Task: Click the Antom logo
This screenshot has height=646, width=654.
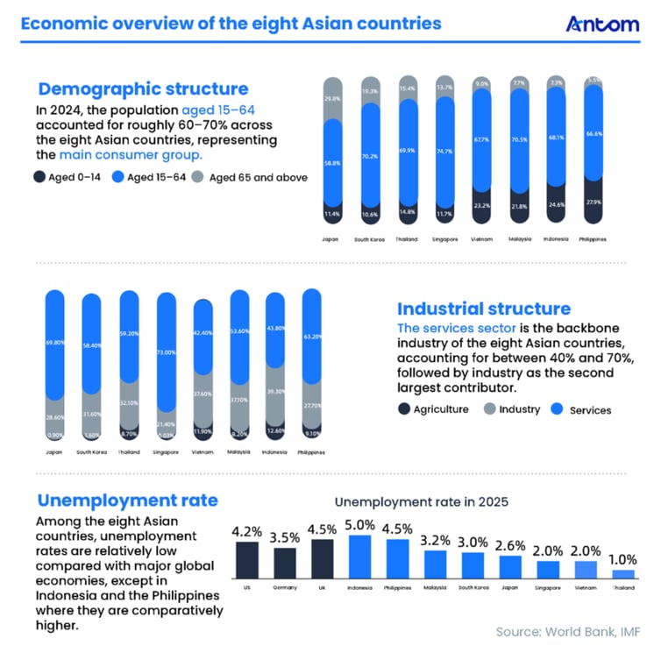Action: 603,24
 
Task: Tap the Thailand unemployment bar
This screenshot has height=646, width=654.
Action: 623,574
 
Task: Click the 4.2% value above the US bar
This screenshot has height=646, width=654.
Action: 246,531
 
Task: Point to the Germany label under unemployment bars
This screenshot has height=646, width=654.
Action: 284,588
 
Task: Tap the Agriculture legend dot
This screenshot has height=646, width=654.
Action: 404,408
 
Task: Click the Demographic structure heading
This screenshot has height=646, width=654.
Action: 143,89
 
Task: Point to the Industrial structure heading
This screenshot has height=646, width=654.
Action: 484,309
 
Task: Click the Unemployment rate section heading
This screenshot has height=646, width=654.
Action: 127,500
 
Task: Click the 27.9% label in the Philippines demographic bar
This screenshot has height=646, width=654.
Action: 594,203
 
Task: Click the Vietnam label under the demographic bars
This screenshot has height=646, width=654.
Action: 481,238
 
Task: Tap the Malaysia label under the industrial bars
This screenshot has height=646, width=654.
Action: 239,452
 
